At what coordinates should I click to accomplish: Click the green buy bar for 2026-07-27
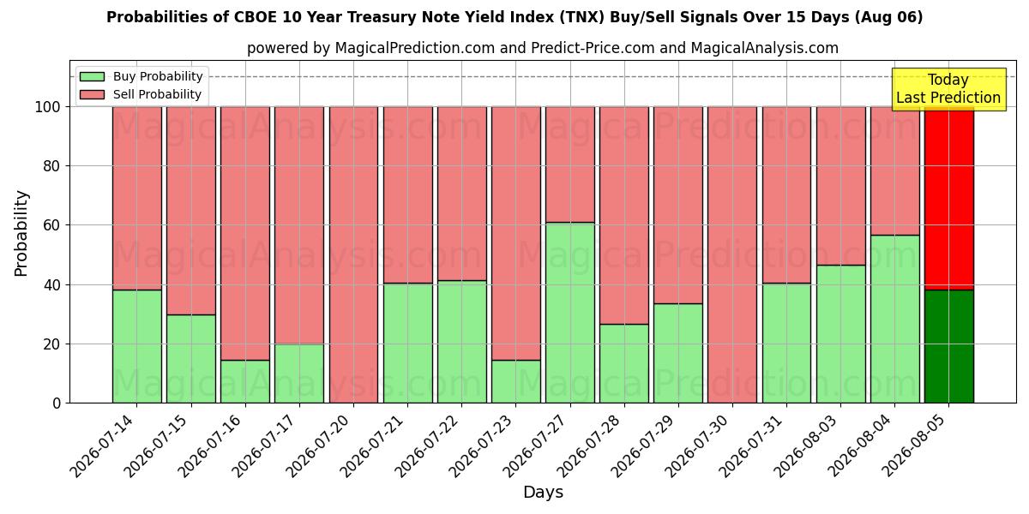click(570, 313)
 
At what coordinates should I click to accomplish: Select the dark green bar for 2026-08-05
click(949, 346)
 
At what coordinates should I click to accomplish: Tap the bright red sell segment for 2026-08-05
click(949, 198)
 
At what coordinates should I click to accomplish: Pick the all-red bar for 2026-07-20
click(353, 254)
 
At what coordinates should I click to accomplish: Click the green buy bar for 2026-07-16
click(245, 381)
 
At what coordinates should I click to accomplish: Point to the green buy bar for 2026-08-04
click(895, 319)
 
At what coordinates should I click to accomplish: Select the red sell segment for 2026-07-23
click(516, 234)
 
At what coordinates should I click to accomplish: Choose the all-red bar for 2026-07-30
click(732, 254)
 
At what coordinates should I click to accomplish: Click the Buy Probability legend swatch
click(92, 76)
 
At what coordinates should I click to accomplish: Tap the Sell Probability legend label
click(157, 94)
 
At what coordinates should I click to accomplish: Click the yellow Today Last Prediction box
click(948, 89)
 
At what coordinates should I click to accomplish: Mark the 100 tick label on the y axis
click(48, 107)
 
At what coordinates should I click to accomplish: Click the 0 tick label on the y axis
click(57, 403)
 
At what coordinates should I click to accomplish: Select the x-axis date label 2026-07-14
click(104, 446)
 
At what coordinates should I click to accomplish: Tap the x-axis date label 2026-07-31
click(753, 446)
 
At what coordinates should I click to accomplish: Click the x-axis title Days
click(543, 492)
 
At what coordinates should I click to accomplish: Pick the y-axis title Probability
click(21, 234)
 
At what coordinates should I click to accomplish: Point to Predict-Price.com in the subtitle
click(593, 48)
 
